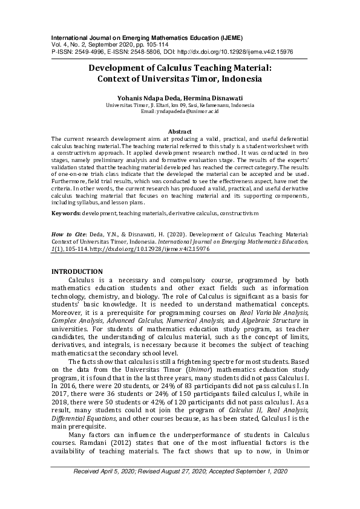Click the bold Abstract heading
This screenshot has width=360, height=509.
pyautogui.click(x=179, y=131)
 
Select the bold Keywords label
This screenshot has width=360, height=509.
pyautogui.click(x=65, y=213)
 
